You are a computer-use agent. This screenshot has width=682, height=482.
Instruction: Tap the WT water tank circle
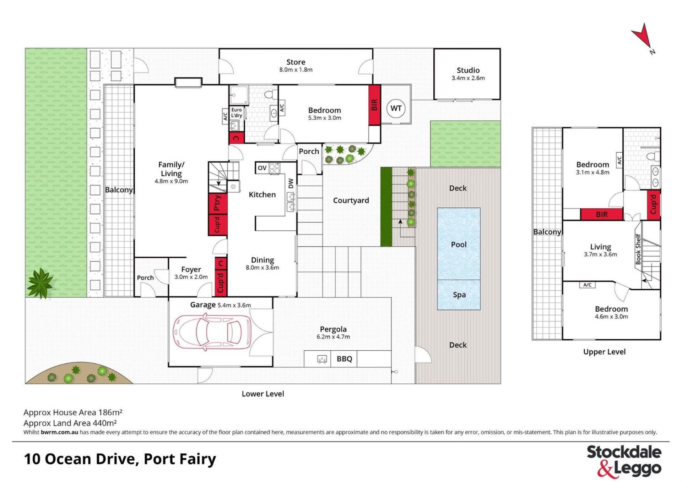396,108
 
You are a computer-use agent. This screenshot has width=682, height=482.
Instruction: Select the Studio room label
468,70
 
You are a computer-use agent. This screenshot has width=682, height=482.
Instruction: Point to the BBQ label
344,359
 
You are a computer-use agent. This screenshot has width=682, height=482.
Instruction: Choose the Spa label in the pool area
459,295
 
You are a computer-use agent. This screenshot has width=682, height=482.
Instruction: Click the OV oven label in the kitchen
262,168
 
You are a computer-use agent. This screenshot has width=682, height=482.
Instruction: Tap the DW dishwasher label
291,183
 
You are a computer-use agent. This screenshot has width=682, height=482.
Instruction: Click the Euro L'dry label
237,113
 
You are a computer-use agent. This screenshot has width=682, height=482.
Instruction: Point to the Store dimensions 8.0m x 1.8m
296,70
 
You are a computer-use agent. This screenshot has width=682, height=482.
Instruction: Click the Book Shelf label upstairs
638,249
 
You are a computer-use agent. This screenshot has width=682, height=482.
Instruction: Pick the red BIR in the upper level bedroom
602,214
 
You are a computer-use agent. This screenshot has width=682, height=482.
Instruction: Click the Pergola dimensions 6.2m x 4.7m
333,337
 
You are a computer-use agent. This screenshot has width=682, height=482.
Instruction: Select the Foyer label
191,269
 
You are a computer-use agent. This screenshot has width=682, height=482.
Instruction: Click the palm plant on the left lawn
40,283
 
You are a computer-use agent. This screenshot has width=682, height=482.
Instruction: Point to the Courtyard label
351,201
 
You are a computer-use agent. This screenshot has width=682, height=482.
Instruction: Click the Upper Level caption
604,352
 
